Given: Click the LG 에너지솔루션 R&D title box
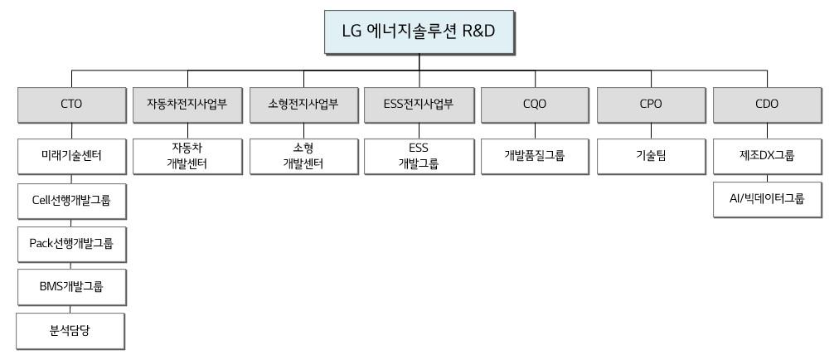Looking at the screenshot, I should point(419,32).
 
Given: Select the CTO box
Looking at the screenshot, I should point(70,105).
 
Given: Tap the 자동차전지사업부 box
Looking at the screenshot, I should point(187,105).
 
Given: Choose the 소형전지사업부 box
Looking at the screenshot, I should point(303,105).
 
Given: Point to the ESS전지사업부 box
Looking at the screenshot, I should point(419,105).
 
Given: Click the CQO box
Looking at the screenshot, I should point(535,105).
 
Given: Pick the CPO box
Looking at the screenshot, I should point(651,105).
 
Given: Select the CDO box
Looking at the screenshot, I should point(767,105).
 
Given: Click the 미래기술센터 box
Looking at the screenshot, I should point(70,156).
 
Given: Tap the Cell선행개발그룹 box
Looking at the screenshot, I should point(70,200).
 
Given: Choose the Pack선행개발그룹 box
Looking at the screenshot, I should point(70,244).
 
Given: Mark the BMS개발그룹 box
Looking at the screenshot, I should point(70,288).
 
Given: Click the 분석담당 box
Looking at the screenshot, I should point(70,332).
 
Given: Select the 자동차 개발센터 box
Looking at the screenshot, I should point(187,156).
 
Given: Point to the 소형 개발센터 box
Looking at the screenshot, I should point(303,156).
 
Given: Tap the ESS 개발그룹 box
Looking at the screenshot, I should point(419,156).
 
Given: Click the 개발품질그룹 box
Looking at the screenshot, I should point(535,156).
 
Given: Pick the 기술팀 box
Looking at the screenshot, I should point(651,156).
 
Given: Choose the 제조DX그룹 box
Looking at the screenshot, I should point(767,156).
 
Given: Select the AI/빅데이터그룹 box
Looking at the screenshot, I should point(767,200).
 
